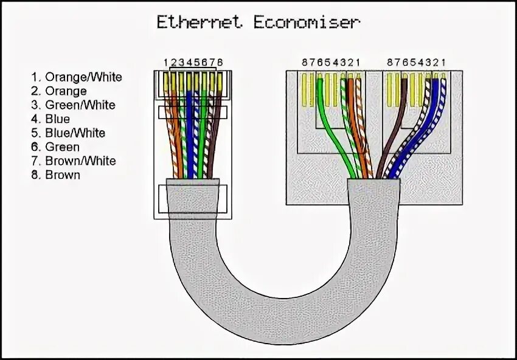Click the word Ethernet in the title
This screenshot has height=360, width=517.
pyautogui.click(x=200, y=22)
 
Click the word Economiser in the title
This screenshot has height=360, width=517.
pyautogui.click(x=304, y=22)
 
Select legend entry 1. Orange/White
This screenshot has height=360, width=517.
pyautogui.click(x=77, y=77)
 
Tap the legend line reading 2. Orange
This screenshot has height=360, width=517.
pyautogui.click(x=59, y=91)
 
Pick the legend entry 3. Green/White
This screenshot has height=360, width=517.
pyautogui.click(x=73, y=105)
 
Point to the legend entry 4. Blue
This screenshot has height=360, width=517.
pyautogui.click(x=50, y=119)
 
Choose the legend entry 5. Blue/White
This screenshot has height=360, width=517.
pyautogui.click(x=68, y=133)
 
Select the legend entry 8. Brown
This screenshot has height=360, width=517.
pyautogui.click(x=55, y=175)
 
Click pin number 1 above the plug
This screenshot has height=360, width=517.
pyautogui.click(x=165, y=63)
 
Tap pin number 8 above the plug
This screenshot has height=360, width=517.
pyautogui.click(x=220, y=63)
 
